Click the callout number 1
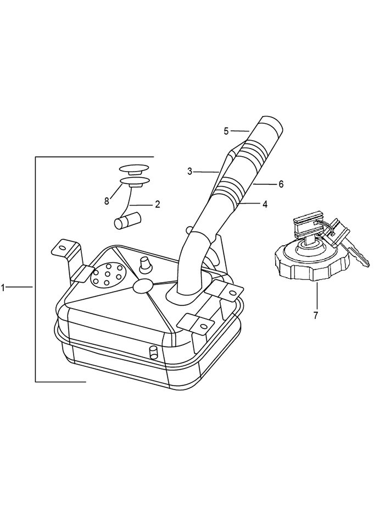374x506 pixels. pos(3,288)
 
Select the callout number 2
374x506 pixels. pos(158,204)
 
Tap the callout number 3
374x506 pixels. pos(190,172)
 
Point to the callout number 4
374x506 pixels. pos(265,204)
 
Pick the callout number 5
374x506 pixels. pos(226,131)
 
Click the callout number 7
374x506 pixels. pos(316,315)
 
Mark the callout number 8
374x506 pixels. pos(107,201)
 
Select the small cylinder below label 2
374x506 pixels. pos(128,221)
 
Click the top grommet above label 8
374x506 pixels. pos(134,169)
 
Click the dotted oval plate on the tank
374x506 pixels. pos(107,274)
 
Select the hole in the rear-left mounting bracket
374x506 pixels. pos(62,248)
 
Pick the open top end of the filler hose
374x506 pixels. pos(272,123)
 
